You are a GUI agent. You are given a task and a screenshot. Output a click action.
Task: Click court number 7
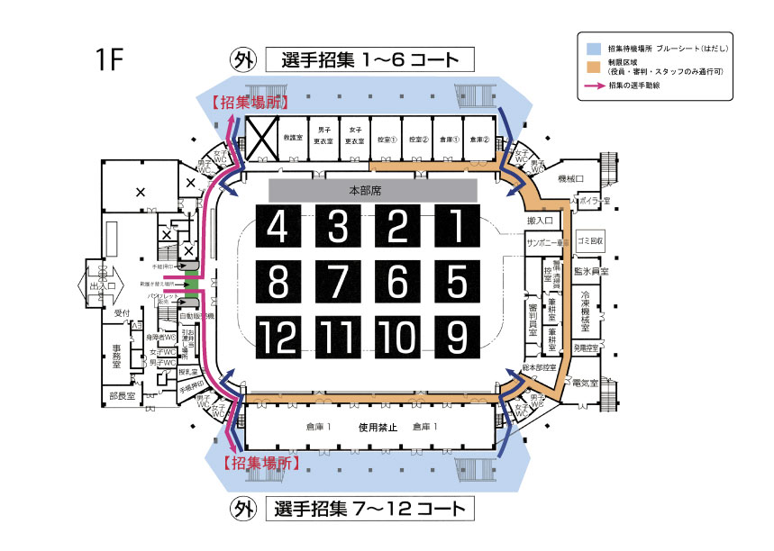click(x=338, y=282)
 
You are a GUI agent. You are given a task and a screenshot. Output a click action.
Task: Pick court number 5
click(x=458, y=282)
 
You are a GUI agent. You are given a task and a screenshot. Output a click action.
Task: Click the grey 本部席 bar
click(x=373, y=190)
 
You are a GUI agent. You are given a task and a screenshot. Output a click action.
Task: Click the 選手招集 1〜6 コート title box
click(x=369, y=60)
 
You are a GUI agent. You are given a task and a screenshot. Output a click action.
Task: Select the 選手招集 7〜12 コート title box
click(x=369, y=509)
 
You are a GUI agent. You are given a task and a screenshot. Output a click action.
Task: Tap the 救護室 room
click(x=291, y=139)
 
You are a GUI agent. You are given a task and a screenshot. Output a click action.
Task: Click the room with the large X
click(x=260, y=138)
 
